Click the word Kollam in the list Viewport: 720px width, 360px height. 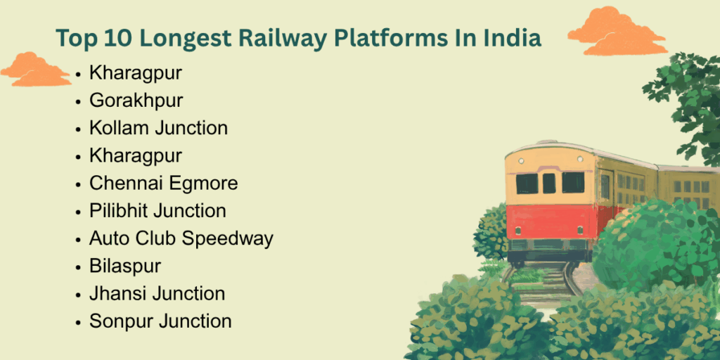coord(120,128)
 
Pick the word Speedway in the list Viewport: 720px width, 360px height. coord(227,239)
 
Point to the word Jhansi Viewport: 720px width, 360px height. coord(118,294)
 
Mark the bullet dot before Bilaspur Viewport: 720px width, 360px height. coord(79,267)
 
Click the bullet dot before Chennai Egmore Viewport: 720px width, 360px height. coord(79,185)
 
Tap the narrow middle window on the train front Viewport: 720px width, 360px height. coord(549,184)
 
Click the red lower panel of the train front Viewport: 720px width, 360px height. coord(552,221)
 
